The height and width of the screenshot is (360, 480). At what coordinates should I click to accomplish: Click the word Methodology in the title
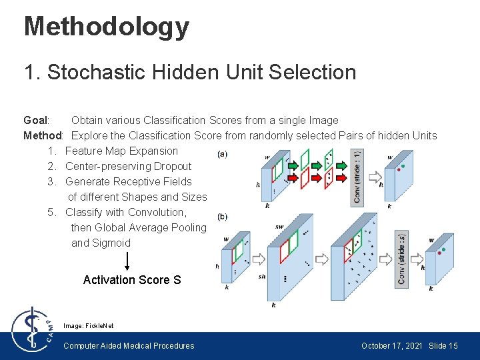click(x=107, y=27)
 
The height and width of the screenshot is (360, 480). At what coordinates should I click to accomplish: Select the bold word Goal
click(x=35, y=121)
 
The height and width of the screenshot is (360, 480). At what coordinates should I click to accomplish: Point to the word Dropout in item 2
click(x=173, y=167)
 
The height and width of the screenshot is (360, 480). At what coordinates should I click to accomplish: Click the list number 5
click(x=51, y=213)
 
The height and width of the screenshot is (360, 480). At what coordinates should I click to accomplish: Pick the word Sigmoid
click(x=111, y=243)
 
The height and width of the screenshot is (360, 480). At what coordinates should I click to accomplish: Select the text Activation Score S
click(x=132, y=280)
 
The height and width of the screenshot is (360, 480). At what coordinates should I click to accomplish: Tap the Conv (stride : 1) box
click(x=357, y=177)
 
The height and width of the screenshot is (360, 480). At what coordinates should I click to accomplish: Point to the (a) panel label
click(x=222, y=155)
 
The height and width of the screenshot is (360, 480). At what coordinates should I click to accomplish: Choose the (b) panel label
click(x=222, y=217)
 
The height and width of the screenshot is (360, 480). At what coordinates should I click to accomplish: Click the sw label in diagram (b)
click(x=279, y=227)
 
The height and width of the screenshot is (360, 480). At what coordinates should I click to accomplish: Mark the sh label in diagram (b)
click(x=262, y=276)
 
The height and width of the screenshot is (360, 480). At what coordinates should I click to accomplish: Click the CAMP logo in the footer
click(x=31, y=329)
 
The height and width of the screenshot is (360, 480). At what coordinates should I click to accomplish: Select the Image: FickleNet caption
click(x=89, y=325)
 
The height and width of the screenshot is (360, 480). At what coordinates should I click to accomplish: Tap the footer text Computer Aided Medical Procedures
click(x=129, y=346)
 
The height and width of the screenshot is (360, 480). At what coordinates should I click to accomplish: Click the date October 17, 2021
click(x=391, y=346)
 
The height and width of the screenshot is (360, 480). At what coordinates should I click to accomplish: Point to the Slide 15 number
click(x=443, y=346)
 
